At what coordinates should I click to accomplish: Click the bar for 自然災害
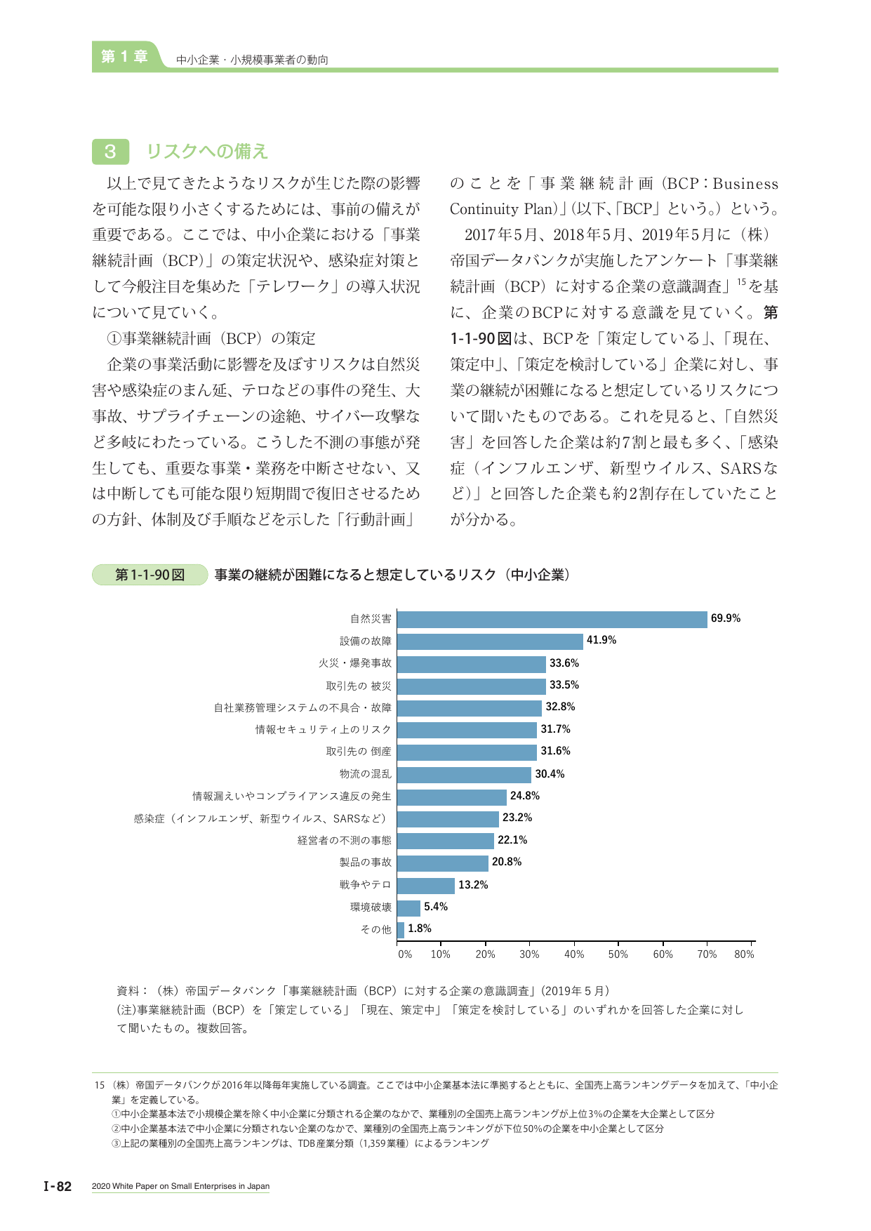pyautogui.click(x=552, y=619)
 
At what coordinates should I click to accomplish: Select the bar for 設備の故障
pyautogui.click(x=490, y=641)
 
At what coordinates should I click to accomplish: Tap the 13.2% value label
pyautogui.click(x=473, y=885)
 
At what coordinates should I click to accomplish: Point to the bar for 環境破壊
pyautogui.click(x=408, y=908)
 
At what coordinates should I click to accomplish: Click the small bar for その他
pyautogui.click(x=401, y=930)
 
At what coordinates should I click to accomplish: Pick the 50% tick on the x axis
pyautogui.click(x=618, y=943)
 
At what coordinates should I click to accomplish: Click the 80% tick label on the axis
pyautogui.click(x=744, y=954)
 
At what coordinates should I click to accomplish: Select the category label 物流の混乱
pyautogui.click(x=366, y=774)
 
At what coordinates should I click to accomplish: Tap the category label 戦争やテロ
pyautogui.click(x=366, y=885)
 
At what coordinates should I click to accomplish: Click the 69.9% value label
pyautogui.click(x=726, y=618)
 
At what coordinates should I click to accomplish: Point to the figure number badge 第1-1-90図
pyautogui.click(x=150, y=575)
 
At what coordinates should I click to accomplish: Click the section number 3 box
pyautogui.click(x=110, y=152)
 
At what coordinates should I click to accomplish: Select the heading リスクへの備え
pyautogui.click(x=207, y=152)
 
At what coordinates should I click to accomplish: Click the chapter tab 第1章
pyautogui.click(x=124, y=57)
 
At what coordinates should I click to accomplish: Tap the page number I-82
pyautogui.click(x=58, y=1186)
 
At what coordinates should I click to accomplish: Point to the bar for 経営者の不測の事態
pyautogui.click(x=446, y=841)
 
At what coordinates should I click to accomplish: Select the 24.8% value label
pyautogui.click(x=525, y=796)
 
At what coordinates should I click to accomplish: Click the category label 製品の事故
pyautogui.click(x=366, y=863)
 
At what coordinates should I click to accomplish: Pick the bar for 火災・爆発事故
pyautogui.click(x=472, y=664)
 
